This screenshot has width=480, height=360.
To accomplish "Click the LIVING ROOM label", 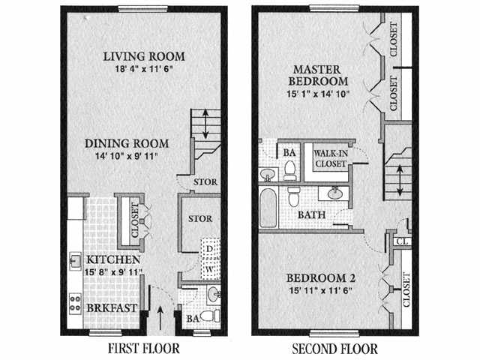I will point(144,56).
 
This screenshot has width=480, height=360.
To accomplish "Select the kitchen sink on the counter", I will point(76,262).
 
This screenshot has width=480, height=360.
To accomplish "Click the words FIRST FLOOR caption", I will point(144,348).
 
